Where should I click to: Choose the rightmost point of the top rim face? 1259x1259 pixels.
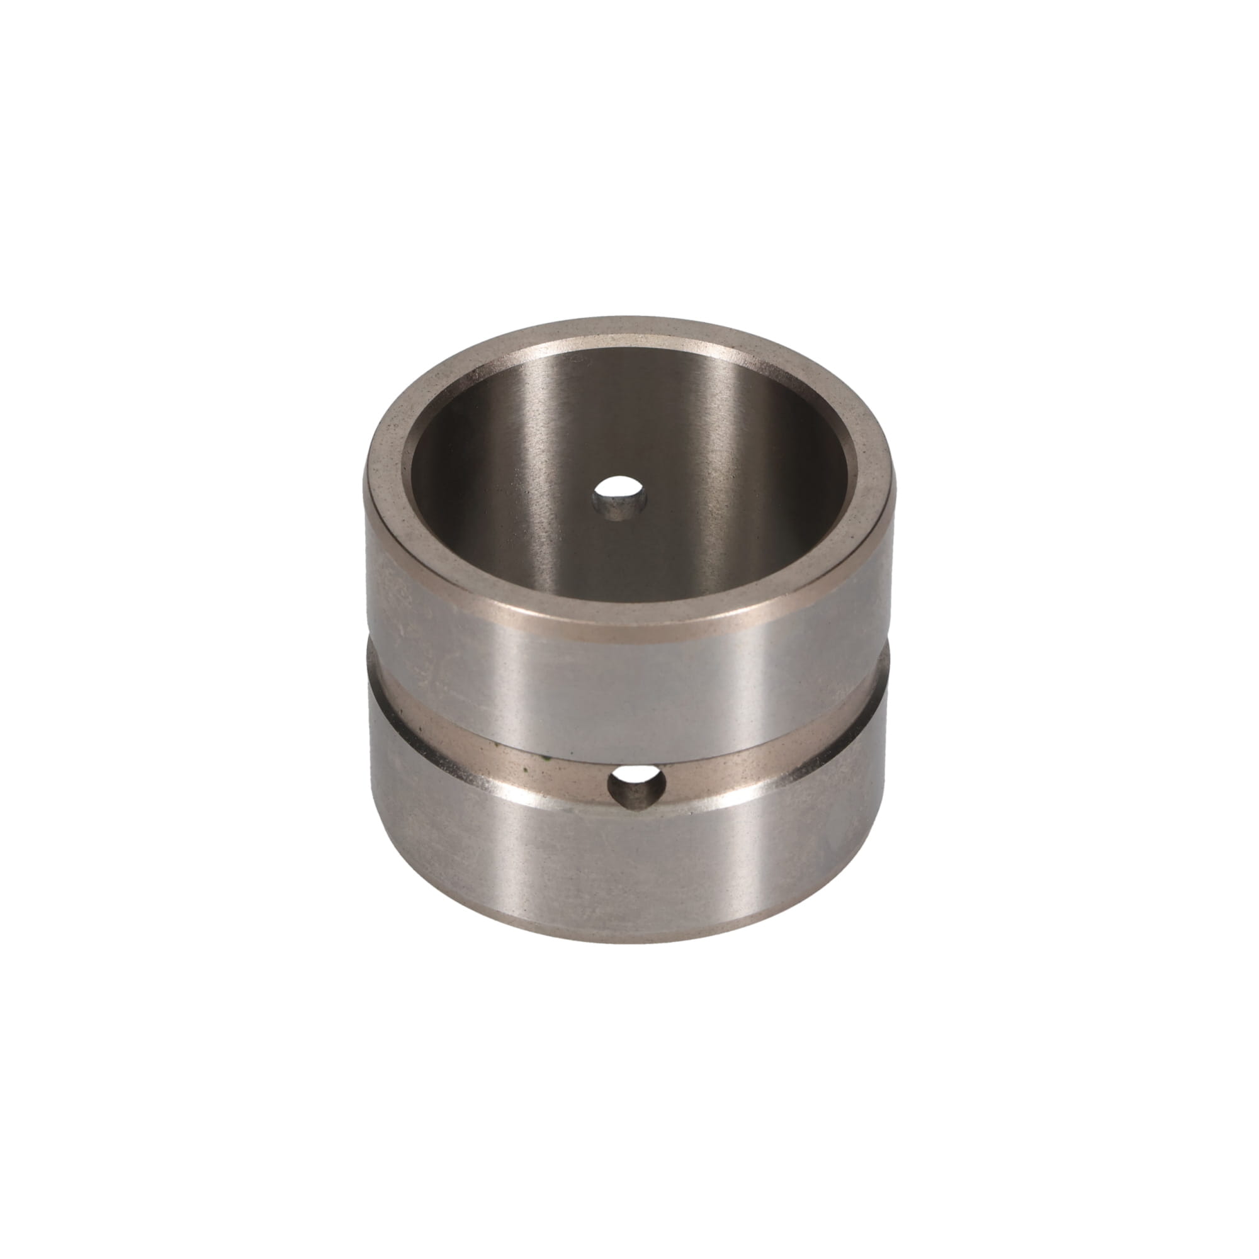pyautogui.click(x=895, y=482)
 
